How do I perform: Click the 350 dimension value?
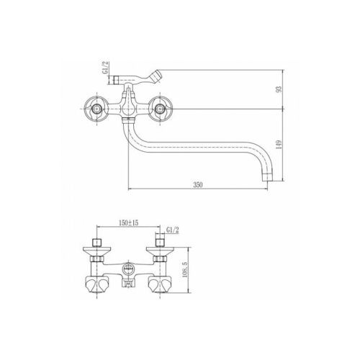tap(198, 184)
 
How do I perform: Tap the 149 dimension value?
tap(279, 145)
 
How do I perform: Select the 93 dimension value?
tap(279, 89)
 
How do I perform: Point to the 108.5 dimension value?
tap(186, 270)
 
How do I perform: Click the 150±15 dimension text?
tap(129, 222)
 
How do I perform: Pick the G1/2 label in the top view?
tap(106, 68)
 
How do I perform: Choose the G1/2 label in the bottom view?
tap(173, 230)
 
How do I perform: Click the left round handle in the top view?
tap(96, 109)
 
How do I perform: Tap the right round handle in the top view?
tap(160, 109)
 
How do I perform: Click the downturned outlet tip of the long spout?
tap(268, 176)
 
